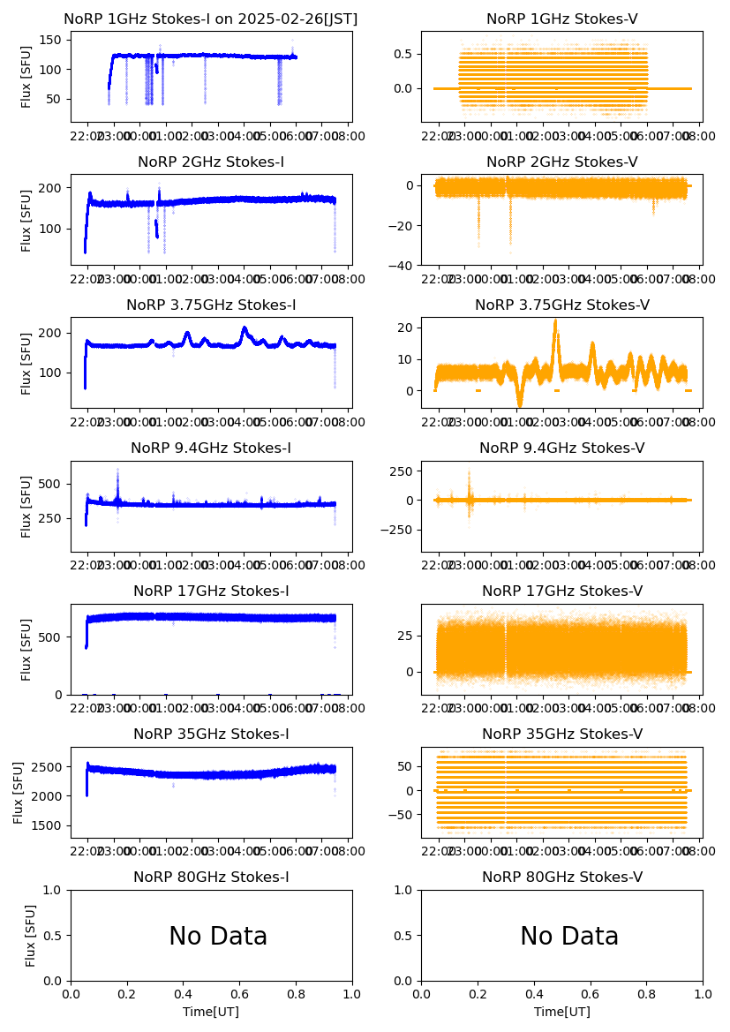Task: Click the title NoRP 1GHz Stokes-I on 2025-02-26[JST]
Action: [x=211, y=19]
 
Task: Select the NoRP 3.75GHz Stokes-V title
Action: [x=562, y=305]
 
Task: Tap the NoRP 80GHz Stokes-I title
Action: [x=211, y=878]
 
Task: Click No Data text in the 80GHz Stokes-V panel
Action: [x=569, y=937]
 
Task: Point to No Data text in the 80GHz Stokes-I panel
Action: [x=218, y=937]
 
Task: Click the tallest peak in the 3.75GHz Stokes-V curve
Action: [x=555, y=320]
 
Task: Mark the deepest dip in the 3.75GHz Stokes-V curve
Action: [x=520, y=405]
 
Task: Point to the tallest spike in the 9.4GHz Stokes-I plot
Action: [x=117, y=470]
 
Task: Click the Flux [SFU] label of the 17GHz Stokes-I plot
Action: [x=26, y=651]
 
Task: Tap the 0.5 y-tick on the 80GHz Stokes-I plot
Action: [x=55, y=936]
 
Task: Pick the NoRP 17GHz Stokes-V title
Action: [x=562, y=591]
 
